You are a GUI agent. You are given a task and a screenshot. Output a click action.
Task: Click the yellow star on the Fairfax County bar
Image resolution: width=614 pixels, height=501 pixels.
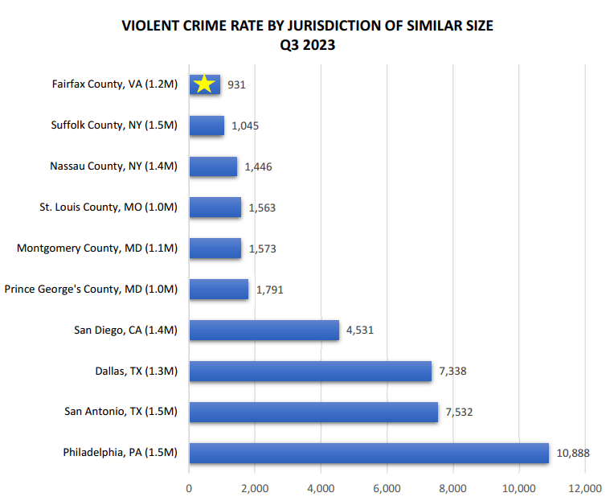pos(204,84)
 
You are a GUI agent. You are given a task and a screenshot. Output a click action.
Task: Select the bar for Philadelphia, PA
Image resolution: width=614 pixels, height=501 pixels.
pos(369,453)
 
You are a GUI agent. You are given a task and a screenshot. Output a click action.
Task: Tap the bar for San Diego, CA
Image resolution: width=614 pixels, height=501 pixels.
pos(264,330)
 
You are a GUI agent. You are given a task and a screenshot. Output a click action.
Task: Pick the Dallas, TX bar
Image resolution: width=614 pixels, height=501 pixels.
pos(310,371)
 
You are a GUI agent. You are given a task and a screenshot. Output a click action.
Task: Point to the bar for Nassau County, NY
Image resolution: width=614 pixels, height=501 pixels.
pos(213,166)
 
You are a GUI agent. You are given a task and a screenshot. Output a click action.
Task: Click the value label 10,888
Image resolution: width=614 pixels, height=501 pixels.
pos(572,453)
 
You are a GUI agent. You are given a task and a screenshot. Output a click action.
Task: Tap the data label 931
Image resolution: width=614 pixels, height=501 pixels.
pos(235,84)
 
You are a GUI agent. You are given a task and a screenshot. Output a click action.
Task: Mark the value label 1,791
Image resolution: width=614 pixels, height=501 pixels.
pos(269,290)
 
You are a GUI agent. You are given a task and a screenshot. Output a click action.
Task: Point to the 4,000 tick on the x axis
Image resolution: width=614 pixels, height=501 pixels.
pos(321,487)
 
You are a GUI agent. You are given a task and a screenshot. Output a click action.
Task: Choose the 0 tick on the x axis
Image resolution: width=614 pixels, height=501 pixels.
pos(189,487)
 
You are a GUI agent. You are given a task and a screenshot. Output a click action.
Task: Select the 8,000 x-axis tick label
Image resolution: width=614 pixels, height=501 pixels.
pos(452,487)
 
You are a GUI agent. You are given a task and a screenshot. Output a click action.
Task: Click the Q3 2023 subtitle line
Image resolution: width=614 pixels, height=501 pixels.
pos(307,46)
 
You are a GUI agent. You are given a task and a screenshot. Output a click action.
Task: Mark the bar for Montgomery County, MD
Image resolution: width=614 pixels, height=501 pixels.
pos(215,248)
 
